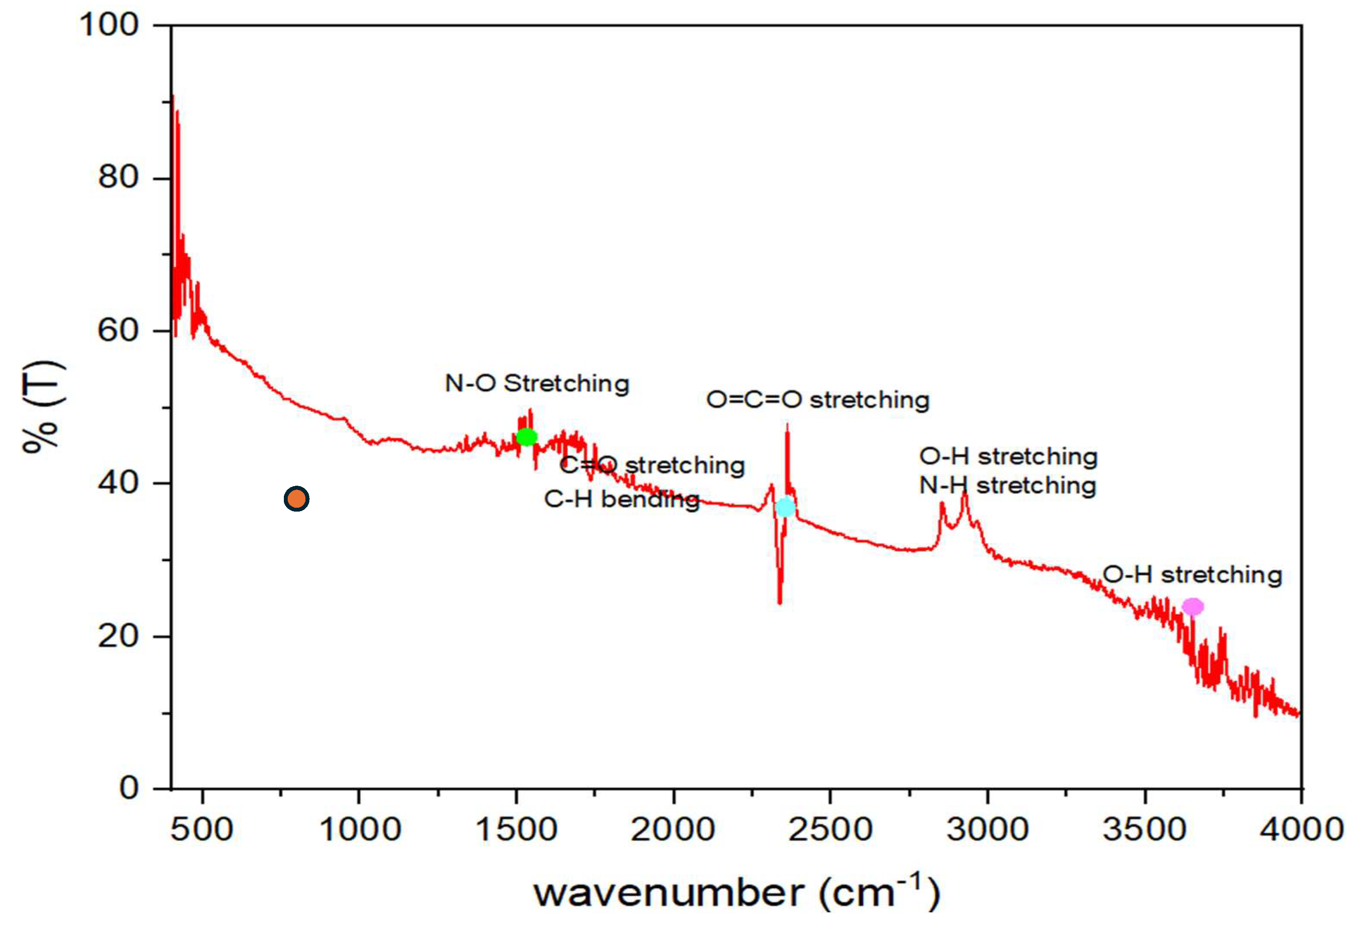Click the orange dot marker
[x=296, y=499]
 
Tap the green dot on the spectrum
[x=526, y=437]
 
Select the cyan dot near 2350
[x=786, y=507]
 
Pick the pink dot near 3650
[x=1192, y=607]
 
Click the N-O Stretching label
[x=537, y=383]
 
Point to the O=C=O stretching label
[x=817, y=400]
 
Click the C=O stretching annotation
[x=652, y=465]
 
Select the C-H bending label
[x=622, y=499]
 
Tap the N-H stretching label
[x=1007, y=485]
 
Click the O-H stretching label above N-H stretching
[x=1008, y=456]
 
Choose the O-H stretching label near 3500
[x=1192, y=575]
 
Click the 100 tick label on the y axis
[x=109, y=25]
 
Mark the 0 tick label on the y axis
[x=129, y=788]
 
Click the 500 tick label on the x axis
[x=202, y=830]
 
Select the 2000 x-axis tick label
[x=673, y=830]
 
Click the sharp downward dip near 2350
[x=780, y=600]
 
